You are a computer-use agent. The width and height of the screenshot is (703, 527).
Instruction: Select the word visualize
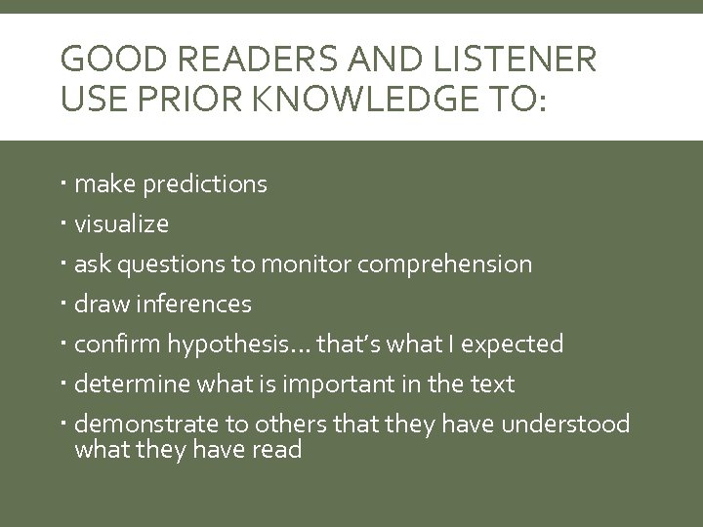click(x=122, y=224)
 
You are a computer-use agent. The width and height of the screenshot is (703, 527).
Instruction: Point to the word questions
click(x=176, y=264)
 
